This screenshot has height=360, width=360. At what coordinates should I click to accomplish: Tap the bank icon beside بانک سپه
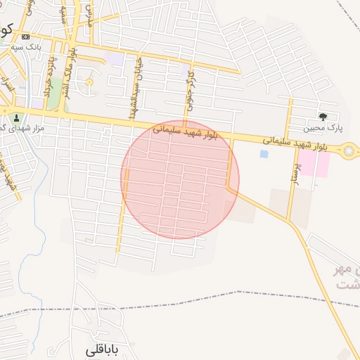coord(26,37)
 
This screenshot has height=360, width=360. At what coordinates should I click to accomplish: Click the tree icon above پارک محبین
coord(323,117)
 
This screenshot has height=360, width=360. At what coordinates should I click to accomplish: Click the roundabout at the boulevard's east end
coord(349,150)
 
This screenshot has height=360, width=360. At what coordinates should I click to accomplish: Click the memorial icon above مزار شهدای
coord(17,117)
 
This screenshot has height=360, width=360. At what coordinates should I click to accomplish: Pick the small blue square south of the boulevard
coord(264,153)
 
